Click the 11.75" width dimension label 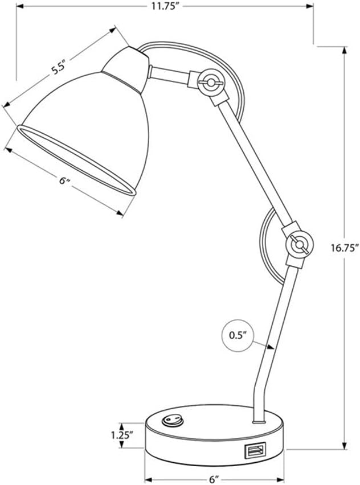166,6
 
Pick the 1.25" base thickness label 122,435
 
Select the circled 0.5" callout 238,335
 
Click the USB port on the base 255,451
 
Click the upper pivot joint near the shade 211,83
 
